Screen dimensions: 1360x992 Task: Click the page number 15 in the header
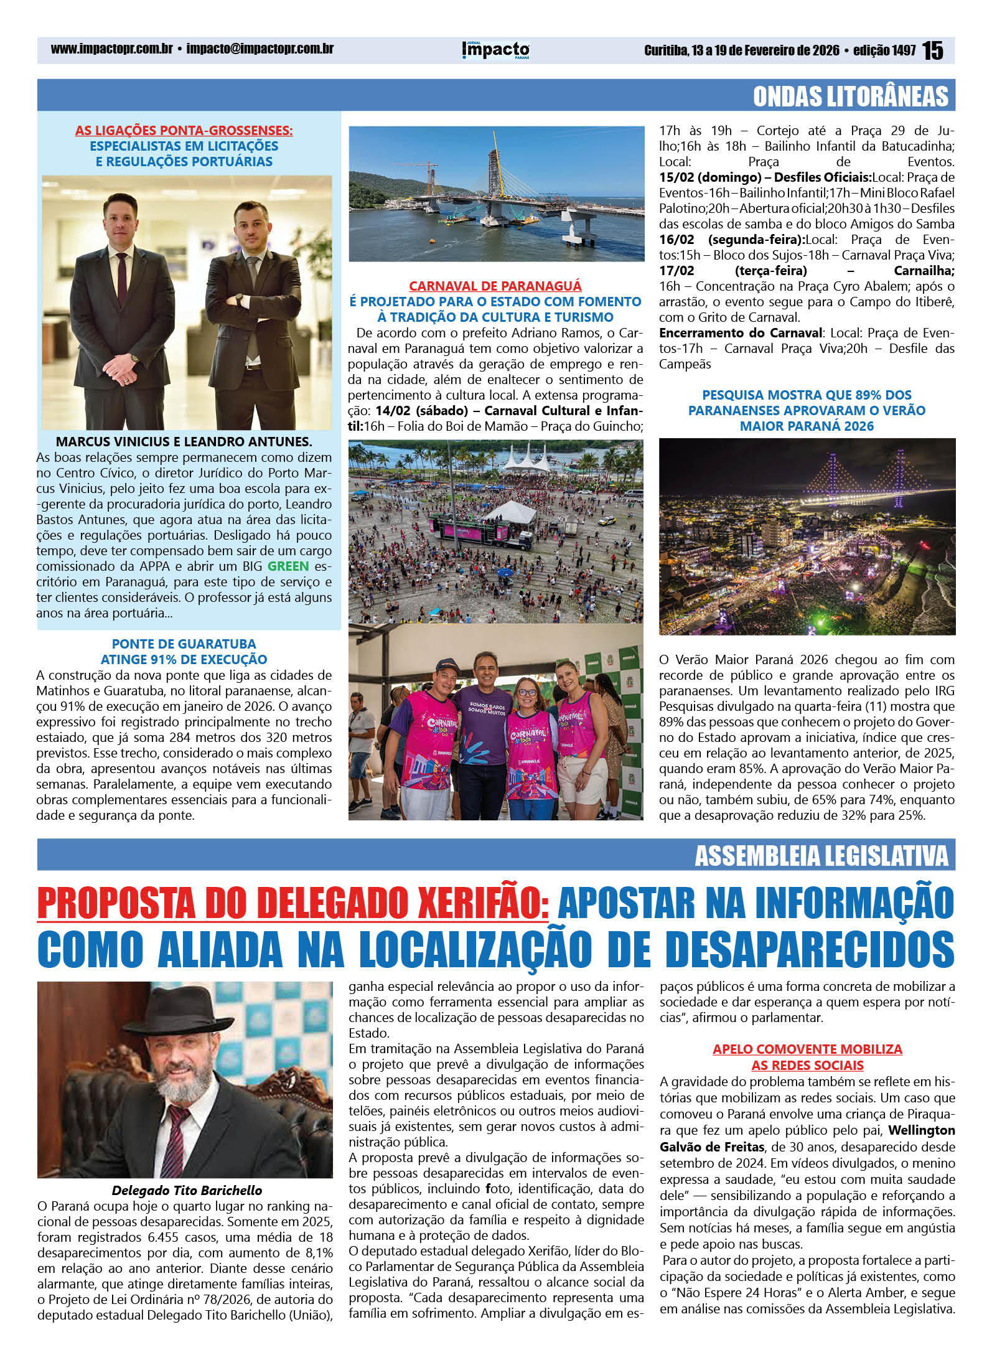(932, 50)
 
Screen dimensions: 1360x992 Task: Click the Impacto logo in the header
(496, 50)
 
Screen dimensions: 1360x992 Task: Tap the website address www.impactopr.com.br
(111, 49)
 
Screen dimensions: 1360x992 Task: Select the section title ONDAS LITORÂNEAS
(850, 96)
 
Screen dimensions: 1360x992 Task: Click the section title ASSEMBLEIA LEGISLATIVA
(821, 856)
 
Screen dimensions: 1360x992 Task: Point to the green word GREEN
(288, 566)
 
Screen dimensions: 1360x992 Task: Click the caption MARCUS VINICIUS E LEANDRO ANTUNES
(184, 442)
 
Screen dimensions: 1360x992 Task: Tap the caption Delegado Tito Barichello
(187, 1190)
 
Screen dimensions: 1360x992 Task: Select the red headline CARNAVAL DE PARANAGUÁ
(495, 286)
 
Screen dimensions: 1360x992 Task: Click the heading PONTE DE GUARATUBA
(184, 644)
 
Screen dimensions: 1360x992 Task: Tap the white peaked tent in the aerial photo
(526, 457)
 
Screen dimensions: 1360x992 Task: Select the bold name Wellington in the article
(922, 1130)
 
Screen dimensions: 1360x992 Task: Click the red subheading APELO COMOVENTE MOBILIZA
(807, 1049)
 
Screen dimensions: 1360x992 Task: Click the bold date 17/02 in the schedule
(676, 271)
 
